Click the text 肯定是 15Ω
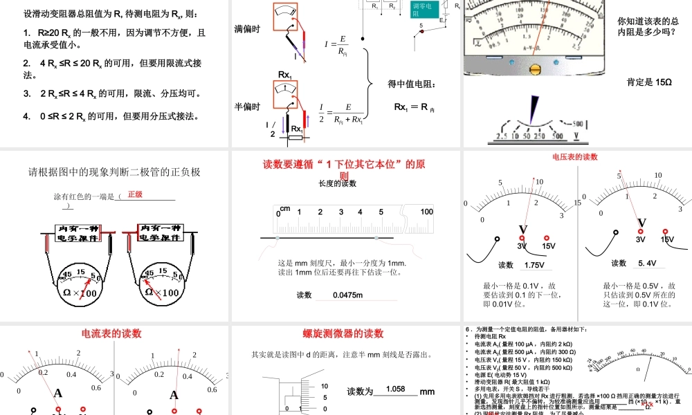pyautogui.click(x=649, y=82)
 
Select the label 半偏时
pyautogui.click(x=247, y=107)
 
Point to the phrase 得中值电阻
pyautogui.click(x=412, y=84)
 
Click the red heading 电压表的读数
pyautogui.click(x=574, y=157)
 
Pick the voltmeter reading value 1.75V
pyautogui.click(x=534, y=266)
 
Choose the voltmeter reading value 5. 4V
pyautogui.click(x=647, y=263)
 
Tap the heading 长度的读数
pyautogui.click(x=337, y=184)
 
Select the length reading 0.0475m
pyautogui.click(x=347, y=295)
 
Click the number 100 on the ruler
pyautogui.click(x=426, y=212)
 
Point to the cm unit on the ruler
pyautogui.click(x=285, y=209)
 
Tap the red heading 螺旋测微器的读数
pyautogui.click(x=343, y=333)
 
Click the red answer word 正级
pyautogui.click(x=134, y=195)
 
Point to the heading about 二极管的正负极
pyautogui.click(x=114, y=172)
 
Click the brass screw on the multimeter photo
pyautogui.click(x=536, y=69)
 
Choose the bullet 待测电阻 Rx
pyautogui.click(x=488, y=336)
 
